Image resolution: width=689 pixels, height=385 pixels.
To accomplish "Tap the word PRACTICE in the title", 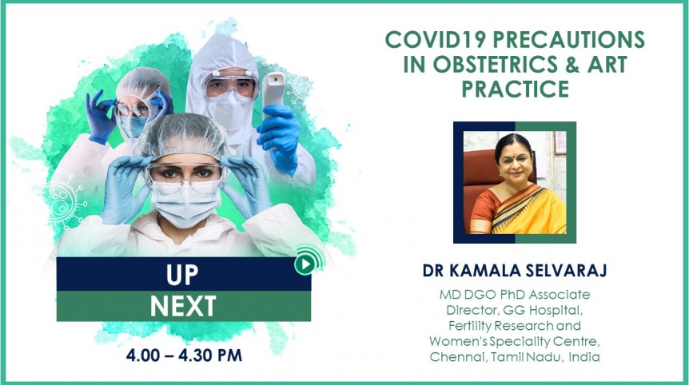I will pos(515,89).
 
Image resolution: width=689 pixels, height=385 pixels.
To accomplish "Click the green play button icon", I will pos(304,264).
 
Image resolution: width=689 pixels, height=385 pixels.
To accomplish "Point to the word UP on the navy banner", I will pos(183,274).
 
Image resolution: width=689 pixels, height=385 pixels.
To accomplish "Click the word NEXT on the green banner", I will pos(183,305).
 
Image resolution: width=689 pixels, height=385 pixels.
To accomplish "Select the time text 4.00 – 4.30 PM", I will pos(184,355).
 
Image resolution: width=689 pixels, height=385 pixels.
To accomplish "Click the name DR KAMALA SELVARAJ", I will pos(515,271).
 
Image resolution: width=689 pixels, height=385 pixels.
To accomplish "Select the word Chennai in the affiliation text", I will pos(456,356).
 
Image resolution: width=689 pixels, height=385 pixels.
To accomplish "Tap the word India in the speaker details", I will pos(584,356).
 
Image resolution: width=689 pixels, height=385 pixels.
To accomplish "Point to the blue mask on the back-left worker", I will pos(133,126).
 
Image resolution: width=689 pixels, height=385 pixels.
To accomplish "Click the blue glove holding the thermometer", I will pos(280,128).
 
